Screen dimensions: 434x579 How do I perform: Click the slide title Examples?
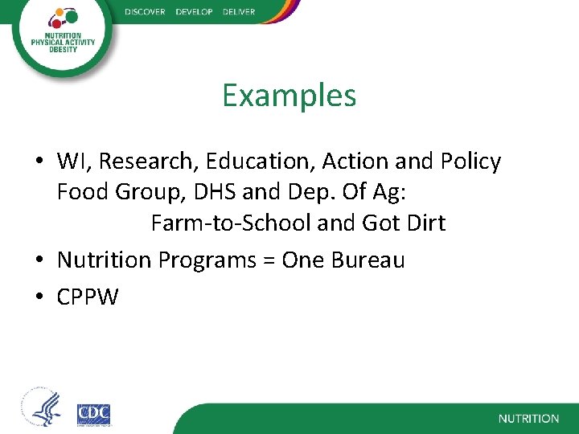click(289, 96)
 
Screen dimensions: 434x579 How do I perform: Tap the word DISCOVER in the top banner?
click(145, 12)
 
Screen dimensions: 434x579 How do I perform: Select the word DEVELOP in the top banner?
click(194, 12)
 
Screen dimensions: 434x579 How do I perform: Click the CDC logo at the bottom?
click(93, 415)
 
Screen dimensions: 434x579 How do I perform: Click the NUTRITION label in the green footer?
click(528, 419)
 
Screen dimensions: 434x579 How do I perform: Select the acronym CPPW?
click(88, 297)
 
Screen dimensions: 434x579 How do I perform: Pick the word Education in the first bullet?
click(260, 162)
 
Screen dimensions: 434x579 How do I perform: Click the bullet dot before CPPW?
click(39, 298)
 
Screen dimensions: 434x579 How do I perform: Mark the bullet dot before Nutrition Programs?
click(39, 261)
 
